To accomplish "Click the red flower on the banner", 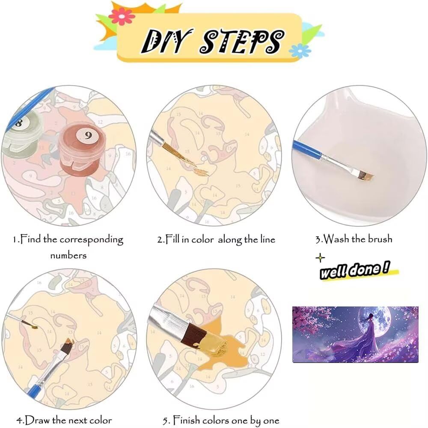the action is click(x=122, y=16).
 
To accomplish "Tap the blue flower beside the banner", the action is click(x=300, y=51).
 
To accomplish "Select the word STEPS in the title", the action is click(x=242, y=41).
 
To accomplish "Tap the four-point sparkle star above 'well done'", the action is click(x=320, y=258).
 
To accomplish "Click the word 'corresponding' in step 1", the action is click(x=92, y=240).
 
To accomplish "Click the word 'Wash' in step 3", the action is click(x=336, y=239).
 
